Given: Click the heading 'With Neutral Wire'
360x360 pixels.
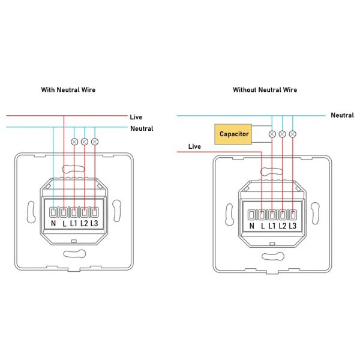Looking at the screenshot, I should click(68, 90).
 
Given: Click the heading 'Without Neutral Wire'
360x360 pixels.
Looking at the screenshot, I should click(265, 90).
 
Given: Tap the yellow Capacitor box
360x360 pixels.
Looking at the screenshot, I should click(234, 134).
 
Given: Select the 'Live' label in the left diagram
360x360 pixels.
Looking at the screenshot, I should click(136, 117).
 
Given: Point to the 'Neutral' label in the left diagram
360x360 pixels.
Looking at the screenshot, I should click(142, 128).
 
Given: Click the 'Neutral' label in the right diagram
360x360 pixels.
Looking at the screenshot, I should click(342, 115).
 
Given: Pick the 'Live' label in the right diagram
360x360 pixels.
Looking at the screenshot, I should click(194, 146).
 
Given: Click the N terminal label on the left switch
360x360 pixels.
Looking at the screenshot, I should click(53, 224).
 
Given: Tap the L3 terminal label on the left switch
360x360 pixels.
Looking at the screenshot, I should click(94, 224).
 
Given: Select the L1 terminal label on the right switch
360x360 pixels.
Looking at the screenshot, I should click(272, 226).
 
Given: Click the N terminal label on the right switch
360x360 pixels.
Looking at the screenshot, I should click(252, 226).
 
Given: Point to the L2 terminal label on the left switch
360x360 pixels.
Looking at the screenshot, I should click(84, 224).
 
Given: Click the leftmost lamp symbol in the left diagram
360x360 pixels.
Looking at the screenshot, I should click(74, 142).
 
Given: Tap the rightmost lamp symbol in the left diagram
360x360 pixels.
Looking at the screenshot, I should click(94, 142).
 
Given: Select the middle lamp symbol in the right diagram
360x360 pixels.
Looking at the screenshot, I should click(282, 134).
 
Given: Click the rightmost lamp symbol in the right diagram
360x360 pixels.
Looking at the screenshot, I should click(292, 134).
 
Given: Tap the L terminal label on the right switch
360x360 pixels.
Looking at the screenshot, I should click(262, 226).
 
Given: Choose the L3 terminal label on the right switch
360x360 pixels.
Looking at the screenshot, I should click(293, 226).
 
